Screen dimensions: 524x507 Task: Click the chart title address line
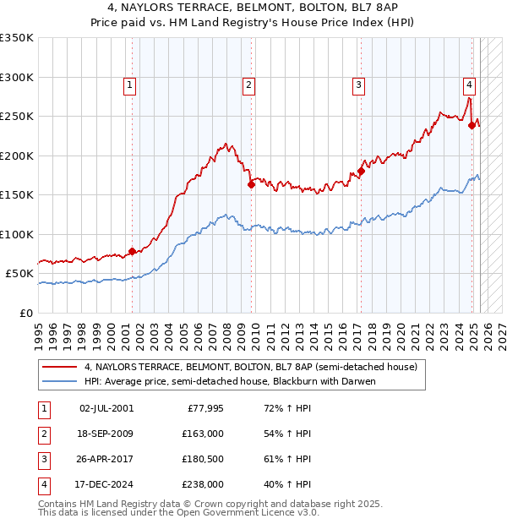[x=253, y=8]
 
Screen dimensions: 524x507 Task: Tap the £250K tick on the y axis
[x=17, y=117]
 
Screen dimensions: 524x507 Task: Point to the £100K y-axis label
[x=17, y=234]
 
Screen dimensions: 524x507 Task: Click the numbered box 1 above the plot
[x=130, y=85]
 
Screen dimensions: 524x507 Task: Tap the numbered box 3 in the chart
[x=359, y=85]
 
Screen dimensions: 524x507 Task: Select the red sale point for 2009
[x=251, y=184]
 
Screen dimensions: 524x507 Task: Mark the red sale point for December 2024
[x=472, y=125]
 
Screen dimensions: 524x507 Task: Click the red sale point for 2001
[x=132, y=251]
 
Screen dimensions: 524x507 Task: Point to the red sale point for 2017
[x=361, y=171]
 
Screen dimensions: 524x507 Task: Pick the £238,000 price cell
[x=204, y=484]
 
